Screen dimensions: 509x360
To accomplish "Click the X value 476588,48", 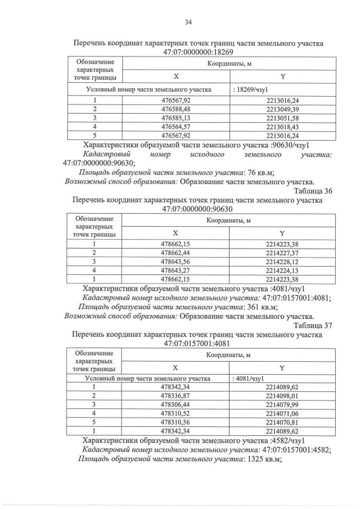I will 175,109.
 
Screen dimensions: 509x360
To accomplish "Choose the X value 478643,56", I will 175,262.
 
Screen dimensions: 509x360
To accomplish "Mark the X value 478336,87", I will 175,396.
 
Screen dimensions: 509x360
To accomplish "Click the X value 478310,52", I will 175,413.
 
